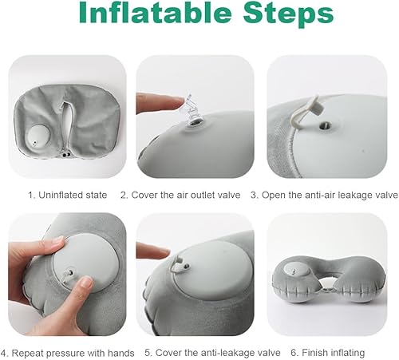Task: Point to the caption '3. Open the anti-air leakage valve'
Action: click(324, 195)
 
